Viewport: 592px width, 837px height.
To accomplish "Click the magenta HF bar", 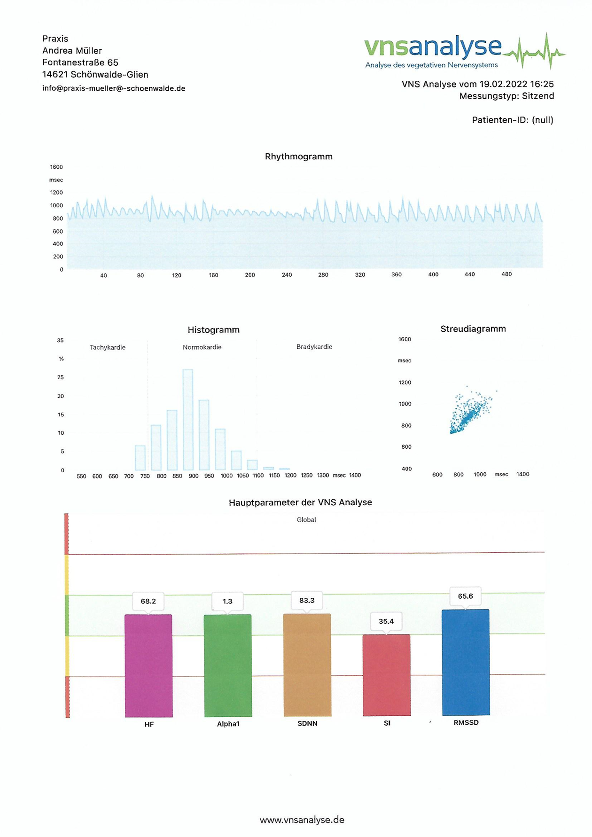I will coord(148,665).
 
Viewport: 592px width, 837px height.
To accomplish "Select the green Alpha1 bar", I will coord(228,665).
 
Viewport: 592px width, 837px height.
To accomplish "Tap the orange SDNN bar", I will coord(307,665).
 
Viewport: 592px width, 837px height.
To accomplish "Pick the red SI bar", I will coord(387,675).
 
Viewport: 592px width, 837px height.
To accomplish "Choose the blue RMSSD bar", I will coord(466,662).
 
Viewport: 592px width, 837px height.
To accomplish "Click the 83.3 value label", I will coord(307,600).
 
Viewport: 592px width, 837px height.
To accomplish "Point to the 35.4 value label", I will coord(386,621).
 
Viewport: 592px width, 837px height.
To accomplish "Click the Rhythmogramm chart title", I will coord(299,156).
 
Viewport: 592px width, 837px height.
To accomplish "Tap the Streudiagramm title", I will coord(473,329).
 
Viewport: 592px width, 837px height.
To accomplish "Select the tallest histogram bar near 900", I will coord(188,419).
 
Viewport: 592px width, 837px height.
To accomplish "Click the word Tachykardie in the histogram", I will coord(108,347).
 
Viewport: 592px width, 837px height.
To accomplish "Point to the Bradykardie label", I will coord(314,347).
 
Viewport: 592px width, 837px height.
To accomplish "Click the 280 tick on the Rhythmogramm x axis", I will coord(323,274).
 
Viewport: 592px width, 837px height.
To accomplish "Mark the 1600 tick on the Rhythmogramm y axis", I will coord(56,167).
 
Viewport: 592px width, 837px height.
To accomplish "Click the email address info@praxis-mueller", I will coord(114,88).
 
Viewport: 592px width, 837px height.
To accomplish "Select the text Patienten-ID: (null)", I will coord(513,120).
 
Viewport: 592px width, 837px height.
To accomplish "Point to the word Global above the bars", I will coord(306,520).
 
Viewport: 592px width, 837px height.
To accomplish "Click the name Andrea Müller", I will coord(72,51).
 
